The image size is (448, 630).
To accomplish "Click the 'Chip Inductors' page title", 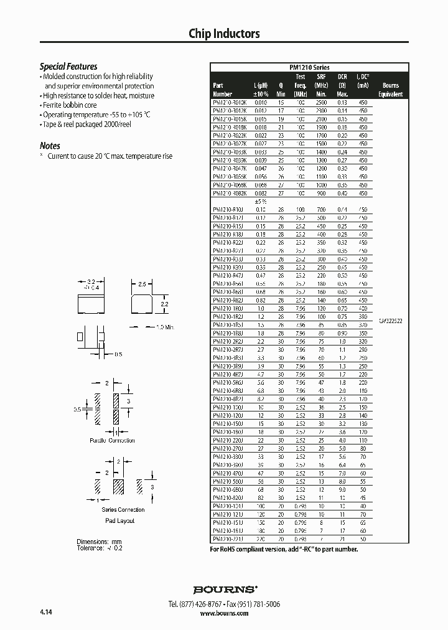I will pyautogui.click(x=224, y=34).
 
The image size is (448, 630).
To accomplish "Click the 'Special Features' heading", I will pyautogui.click(x=68, y=67).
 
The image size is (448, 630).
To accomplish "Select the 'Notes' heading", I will pyautogui.click(x=50, y=146).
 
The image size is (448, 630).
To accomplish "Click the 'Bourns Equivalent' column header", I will pyautogui.click(x=391, y=90).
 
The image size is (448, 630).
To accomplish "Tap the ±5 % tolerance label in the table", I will pyautogui.click(x=260, y=202).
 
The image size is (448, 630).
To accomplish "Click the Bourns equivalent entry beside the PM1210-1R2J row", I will pyautogui.click(x=391, y=320).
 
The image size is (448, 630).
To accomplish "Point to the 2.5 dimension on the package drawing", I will pyautogui.click(x=142, y=284).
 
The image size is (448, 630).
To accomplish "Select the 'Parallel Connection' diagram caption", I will pyautogui.click(x=112, y=441).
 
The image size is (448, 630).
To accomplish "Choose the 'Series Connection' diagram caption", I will pyautogui.click(x=118, y=510).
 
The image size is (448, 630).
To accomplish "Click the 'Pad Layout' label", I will pyautogui.click(x=119, y=520).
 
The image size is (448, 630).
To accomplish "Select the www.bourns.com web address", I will pyautogui.click(x=224, y=613).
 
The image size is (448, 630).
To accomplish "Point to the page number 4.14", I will pyautogui.click(x=45, y=613).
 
